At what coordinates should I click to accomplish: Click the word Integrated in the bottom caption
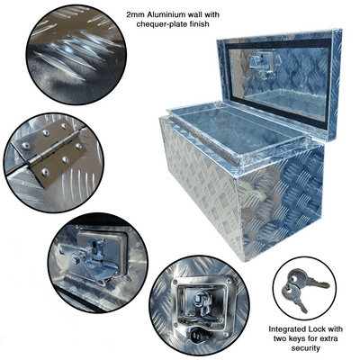[285, 329]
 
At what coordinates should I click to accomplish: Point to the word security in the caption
[305, 348]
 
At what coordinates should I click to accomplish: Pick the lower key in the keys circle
[295, 298]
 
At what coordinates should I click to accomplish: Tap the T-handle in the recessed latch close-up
[201, 303]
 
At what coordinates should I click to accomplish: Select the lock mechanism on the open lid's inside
[262, 64]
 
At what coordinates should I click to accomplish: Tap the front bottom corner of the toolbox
[242, 260]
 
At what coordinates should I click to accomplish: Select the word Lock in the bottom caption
[314, 329]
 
